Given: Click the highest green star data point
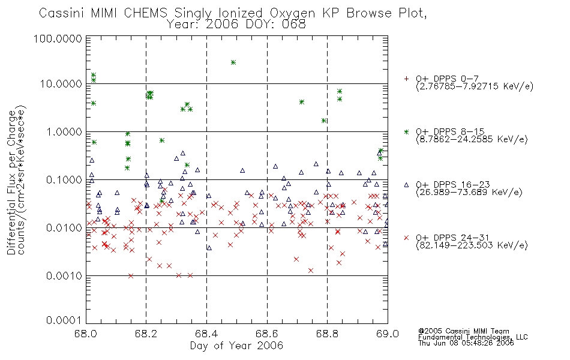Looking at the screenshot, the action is tap(233, 62).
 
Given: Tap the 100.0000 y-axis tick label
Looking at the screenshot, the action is tap(58, 38).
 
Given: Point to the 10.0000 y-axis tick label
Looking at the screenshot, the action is tap(61, 84).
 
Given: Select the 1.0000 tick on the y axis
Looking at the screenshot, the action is tap(64, 131).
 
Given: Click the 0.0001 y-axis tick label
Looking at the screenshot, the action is tap(64, 320).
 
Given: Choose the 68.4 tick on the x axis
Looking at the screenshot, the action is tap(206, 334).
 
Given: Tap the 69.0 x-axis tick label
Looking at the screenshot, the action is tap(388, 334).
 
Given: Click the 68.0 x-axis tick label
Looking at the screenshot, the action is tap(86, 334).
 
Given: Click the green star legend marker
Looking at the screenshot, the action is tap(406, 131).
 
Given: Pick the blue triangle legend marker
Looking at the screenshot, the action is tap(406, 185).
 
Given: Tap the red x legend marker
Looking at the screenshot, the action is tap(406, 238).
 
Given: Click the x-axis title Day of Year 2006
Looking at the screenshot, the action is tap(236, 346).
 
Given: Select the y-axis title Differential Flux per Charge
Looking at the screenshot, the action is tap(11, 182).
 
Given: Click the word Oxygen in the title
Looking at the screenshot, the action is tap(293, 13).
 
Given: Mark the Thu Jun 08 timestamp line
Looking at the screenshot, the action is tap(466, 343).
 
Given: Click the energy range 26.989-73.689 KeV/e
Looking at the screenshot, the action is tap(469, 193).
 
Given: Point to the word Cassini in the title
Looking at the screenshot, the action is tap(61, 13).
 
